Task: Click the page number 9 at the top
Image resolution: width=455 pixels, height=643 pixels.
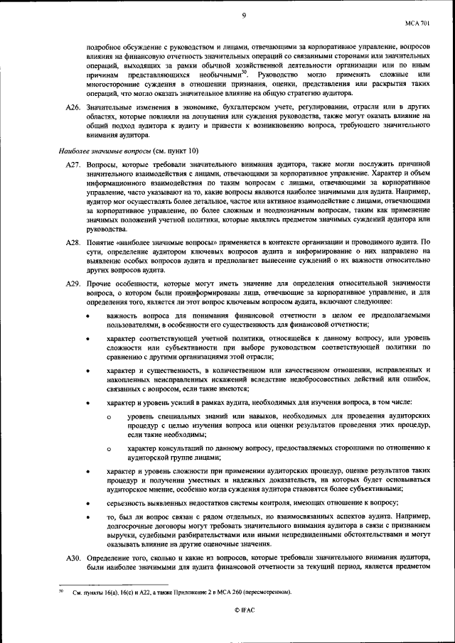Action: (244, 15)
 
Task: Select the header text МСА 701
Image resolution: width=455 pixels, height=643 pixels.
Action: (418, 23)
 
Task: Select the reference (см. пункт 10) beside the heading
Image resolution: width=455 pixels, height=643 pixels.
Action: (176, 151)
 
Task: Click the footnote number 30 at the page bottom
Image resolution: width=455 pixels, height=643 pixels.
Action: (61, 590)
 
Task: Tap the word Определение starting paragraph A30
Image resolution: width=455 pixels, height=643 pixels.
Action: (109, 558)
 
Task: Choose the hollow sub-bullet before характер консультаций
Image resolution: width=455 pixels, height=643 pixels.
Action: (109, 448)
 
